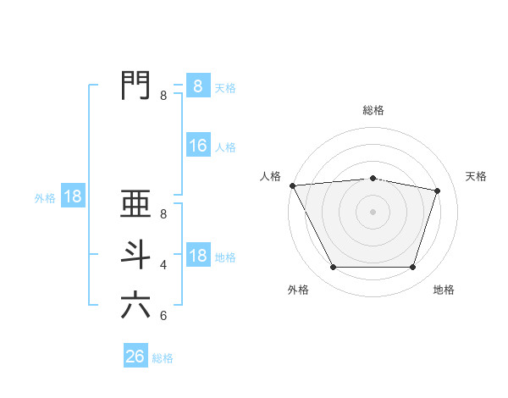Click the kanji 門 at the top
[135, 86]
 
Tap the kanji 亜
[135, 206]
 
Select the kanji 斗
[135, 255]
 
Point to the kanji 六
[135, 306]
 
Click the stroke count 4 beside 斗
[163, 265]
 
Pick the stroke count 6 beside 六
[163, 316]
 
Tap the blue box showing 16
[198, 146]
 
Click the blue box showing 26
[135, 357]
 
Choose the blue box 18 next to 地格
[198, 256]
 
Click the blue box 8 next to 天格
[198, 86]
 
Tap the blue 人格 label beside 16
[225, 147]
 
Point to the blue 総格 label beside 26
[163, 358]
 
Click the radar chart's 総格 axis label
[373, 110]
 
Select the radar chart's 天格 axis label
[477, 176]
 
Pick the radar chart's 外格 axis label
[298, 290]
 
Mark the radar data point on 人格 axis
[292, 185]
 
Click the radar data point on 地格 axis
[413, 268]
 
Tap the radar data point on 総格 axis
[373, 179]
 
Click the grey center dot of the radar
[373, 212]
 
